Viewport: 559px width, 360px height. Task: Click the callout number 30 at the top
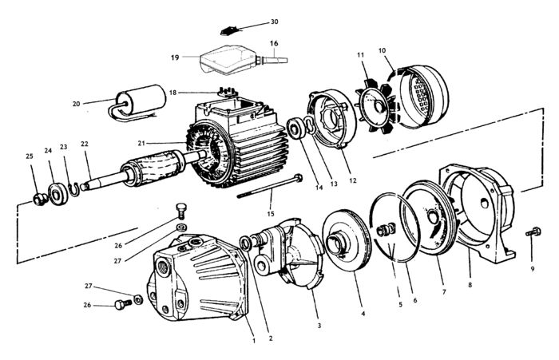274,22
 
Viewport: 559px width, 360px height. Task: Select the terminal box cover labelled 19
228,60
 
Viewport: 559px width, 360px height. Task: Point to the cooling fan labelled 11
375,106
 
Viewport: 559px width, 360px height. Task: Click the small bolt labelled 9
533,232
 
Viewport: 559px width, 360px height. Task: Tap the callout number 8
470,285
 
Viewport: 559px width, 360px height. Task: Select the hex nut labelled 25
40,200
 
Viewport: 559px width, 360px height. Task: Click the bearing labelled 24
58,194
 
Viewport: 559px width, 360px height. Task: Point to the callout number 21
141,144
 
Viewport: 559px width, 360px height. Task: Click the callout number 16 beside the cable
274,43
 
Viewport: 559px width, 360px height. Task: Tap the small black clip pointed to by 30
226,32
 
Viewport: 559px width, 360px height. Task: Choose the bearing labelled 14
296,129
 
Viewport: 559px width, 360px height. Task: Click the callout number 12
353,180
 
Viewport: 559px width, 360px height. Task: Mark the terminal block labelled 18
226,92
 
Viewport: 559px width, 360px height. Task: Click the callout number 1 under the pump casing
254,340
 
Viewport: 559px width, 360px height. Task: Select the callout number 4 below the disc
363,314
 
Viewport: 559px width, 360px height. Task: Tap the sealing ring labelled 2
246,243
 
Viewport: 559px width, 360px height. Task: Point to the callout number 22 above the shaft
85,144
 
